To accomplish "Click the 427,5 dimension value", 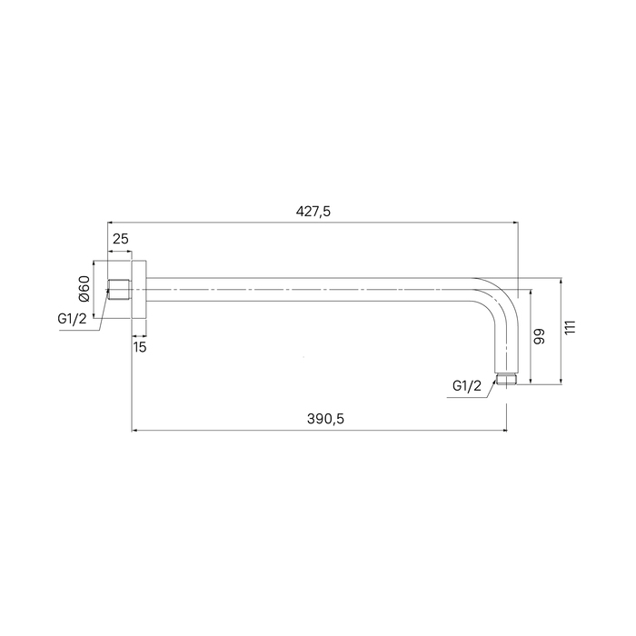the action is [313, 212].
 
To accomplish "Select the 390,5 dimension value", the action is [325, 419].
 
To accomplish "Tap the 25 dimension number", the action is [120, 239].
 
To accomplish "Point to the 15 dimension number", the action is [140, 347].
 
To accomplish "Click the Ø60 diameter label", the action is [84, 288].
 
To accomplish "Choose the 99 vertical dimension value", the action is [539, 337].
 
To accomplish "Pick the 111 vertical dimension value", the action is [571, 327].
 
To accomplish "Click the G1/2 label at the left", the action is [72, 319].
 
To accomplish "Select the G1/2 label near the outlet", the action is [467, 386].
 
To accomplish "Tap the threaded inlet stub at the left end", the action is [118, 290].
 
